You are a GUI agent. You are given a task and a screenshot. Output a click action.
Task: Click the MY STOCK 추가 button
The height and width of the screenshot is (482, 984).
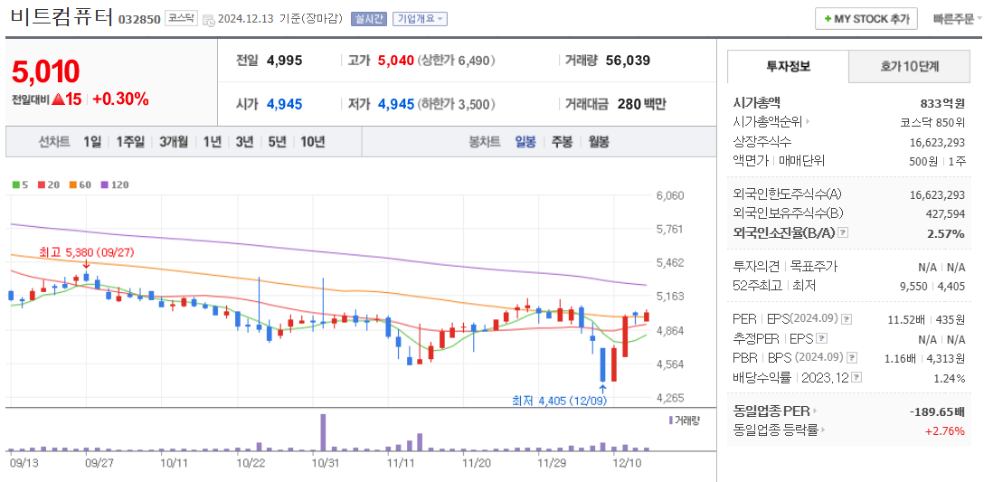(866, 19)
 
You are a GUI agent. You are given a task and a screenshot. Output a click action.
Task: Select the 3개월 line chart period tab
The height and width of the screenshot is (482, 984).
(173, 142)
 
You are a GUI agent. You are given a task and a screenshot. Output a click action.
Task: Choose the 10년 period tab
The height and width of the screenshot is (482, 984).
(313, 142)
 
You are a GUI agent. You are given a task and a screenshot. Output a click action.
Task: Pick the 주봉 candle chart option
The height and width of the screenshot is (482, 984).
(562, 142)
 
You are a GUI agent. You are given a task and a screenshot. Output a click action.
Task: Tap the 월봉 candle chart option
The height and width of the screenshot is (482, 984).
(598, 142)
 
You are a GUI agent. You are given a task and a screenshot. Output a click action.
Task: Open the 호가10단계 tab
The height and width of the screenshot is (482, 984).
(909, 67)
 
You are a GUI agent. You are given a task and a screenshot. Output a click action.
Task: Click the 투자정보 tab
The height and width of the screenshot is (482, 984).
(788, 67)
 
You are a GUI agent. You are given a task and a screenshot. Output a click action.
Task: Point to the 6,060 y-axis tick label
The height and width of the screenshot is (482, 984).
(670, 195)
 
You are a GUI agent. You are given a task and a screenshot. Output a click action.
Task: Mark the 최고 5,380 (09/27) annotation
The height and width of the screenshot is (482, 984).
(86, 252)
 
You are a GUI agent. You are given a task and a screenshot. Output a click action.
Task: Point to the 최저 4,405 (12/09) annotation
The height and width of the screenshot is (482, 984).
(559, 401)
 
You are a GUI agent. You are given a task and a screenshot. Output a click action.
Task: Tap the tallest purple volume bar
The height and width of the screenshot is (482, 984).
(323, 432)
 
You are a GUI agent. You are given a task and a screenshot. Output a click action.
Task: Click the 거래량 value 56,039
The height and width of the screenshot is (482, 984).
(628, 61)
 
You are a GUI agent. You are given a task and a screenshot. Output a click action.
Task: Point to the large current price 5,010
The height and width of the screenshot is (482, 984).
(46, 71)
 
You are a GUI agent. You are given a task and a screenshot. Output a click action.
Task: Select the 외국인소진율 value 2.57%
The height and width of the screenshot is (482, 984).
(946, 233)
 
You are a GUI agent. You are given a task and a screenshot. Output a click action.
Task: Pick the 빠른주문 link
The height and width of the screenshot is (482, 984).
(953, 19)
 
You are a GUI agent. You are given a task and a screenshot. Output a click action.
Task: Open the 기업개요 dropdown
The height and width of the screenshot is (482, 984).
(420, 19)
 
